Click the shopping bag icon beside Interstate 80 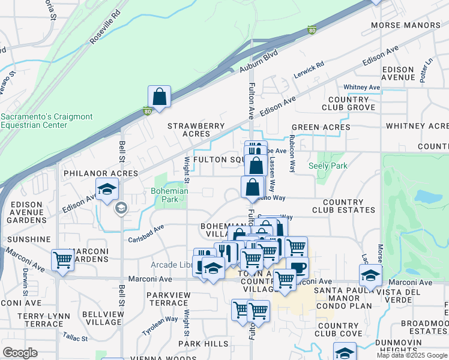(159, 97)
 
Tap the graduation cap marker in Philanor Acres (106, 189)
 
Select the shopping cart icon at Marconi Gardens (62, 260)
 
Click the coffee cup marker (297, 268)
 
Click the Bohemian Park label (169, 196)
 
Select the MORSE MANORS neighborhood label (405, 25)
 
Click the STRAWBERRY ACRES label (196, 130)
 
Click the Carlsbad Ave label (146, 233)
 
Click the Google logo (20, 353)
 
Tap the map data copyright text (412, 355)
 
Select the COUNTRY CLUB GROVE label (348, 103)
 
